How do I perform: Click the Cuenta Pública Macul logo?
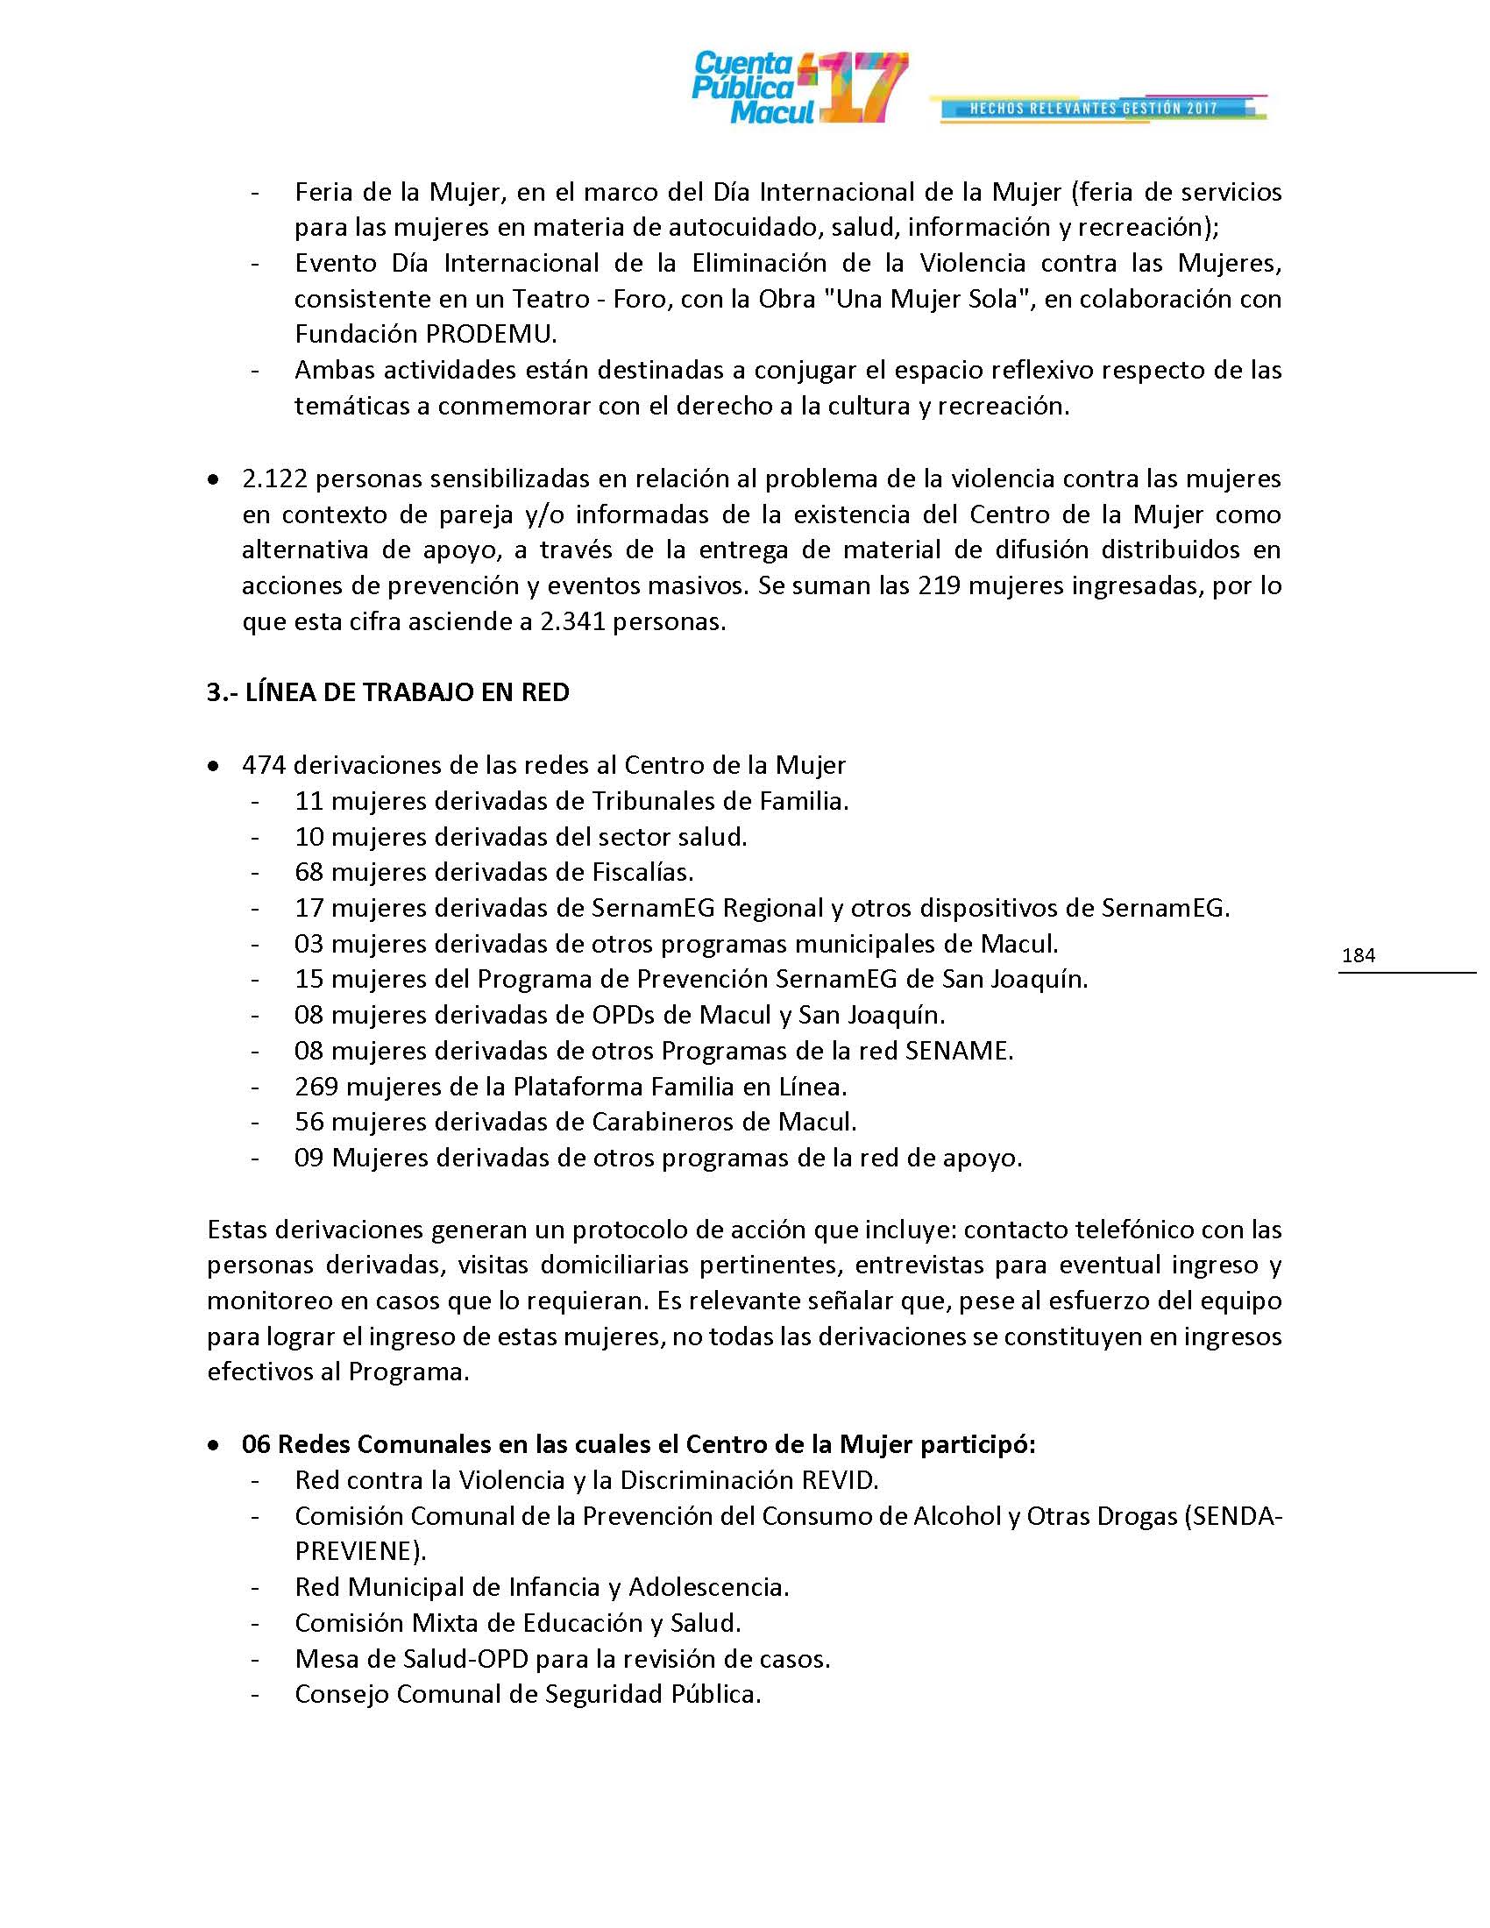(798, 88)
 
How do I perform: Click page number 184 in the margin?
(1358, 955)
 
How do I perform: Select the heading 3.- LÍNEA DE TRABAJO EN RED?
(388, 692)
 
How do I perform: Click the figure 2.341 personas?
(632, 621)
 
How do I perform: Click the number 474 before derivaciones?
(264, 764)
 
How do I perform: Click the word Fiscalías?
(642, 872)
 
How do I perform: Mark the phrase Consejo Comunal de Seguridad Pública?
(528, 1694)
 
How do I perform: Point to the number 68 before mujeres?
(309, 872)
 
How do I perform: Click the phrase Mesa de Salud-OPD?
(411, 1659)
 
